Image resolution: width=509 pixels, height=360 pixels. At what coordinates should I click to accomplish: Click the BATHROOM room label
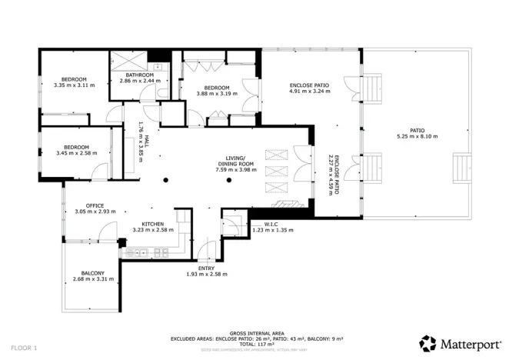135,75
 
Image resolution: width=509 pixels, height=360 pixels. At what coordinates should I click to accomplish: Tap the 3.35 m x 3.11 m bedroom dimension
75,85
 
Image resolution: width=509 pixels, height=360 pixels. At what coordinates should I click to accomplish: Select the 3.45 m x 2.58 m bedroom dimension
76,153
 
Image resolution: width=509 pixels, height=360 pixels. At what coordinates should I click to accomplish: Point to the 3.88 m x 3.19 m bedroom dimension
218,94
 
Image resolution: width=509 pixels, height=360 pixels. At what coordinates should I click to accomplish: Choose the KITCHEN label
152,223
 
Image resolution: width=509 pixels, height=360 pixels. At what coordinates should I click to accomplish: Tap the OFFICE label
95,205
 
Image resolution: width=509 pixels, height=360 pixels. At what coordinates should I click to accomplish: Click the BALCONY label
93,273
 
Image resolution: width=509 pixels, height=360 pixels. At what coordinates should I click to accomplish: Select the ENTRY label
205,268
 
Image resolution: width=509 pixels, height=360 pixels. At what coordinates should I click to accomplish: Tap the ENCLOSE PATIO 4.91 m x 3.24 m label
309,88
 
